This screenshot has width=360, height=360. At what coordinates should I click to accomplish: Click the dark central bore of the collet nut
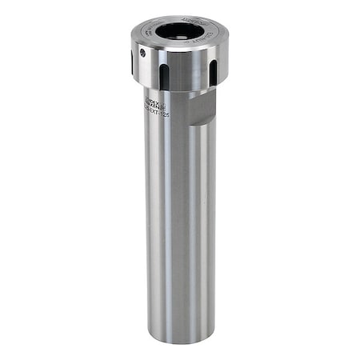[180, 31]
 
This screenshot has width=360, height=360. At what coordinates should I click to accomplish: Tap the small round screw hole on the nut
[142, 53]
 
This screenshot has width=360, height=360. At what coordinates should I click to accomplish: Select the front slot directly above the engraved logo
[164, 76]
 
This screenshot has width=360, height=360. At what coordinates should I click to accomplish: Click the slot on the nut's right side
[214, 72]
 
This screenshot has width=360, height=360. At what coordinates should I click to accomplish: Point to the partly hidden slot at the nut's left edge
[133, 62]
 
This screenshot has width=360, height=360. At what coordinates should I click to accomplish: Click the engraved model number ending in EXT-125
[156, 112]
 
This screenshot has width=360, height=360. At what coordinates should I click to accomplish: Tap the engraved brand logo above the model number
[155, 102]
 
